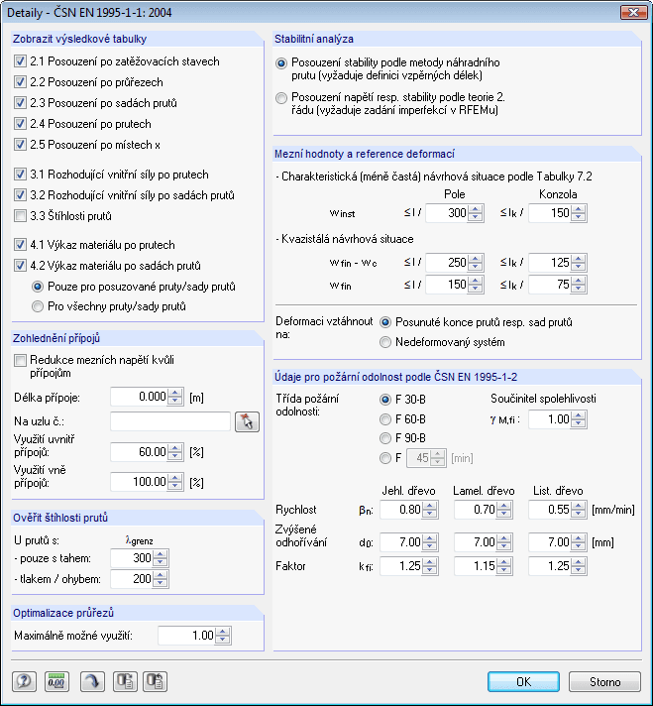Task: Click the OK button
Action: click(x=524, y=681)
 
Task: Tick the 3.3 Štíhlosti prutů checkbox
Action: click(x=21, y=216)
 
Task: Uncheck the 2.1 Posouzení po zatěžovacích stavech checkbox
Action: click(x=21, y=61)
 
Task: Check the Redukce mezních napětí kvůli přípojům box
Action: click(x=21, y=361)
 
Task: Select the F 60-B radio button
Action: click(x=387, y=417)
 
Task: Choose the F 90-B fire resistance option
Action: click(x=387, y=437)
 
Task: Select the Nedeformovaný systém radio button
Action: click(x=387, y=342)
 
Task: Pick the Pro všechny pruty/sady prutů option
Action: click(x=39, y=306)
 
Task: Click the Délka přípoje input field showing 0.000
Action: click(x=140, y=398)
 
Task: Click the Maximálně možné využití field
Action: click(x=187, y=636)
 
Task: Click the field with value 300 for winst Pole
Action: click(x=445, y=213)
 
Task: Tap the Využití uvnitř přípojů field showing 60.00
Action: click(x=140, y=453)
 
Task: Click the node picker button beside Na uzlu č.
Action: click(x=246, y=421)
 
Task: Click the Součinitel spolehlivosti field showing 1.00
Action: click(x=552, y=419)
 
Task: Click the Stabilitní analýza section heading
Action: click(x=313, y=40)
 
